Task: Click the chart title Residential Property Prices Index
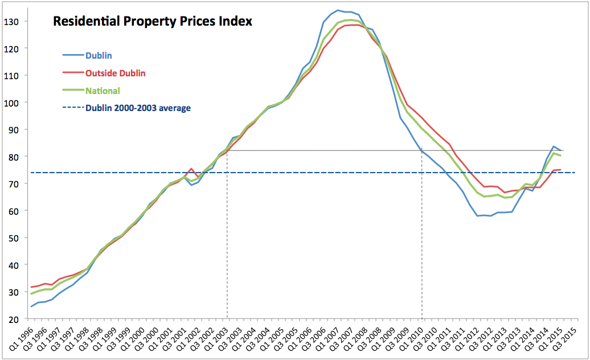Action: (x=153, y=22)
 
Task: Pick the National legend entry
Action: (x=103, y=90)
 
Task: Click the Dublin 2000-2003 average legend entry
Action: (x=138, y=108)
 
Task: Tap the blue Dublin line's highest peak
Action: (x=338, y=10)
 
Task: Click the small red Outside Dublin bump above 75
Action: (x=191, y=169)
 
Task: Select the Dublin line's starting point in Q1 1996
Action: (x=31, y=306)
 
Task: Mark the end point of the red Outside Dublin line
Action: (x=561, y=169)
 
